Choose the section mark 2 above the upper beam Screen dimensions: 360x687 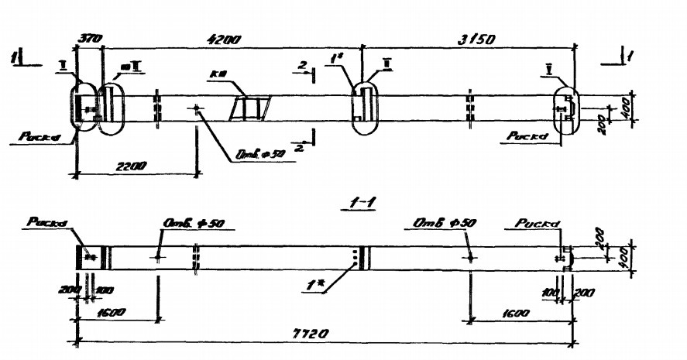[x=300, y=68]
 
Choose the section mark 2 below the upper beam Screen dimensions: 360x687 [x=300, y=147]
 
